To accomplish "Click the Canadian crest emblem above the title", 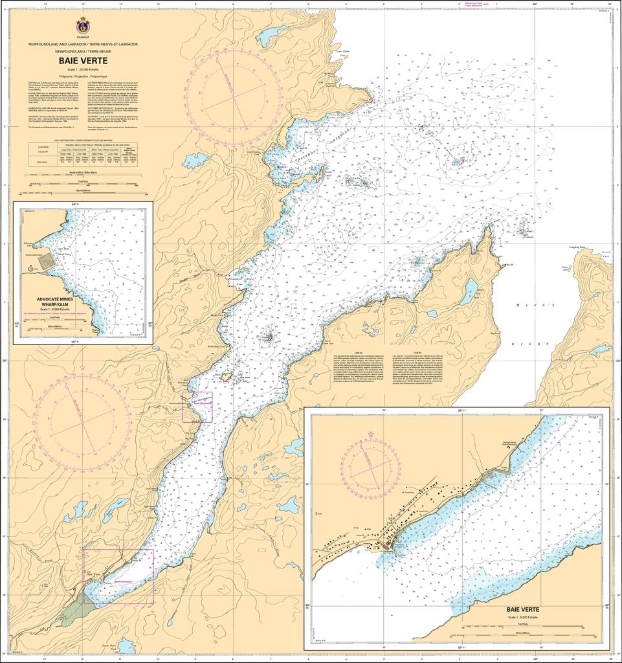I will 83,27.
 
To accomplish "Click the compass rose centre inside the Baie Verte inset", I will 371,467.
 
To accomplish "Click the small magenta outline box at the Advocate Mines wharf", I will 197,407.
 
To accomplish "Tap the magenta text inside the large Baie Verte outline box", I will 123,581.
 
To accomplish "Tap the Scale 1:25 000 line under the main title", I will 83,69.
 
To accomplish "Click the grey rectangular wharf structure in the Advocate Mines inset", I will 45,262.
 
